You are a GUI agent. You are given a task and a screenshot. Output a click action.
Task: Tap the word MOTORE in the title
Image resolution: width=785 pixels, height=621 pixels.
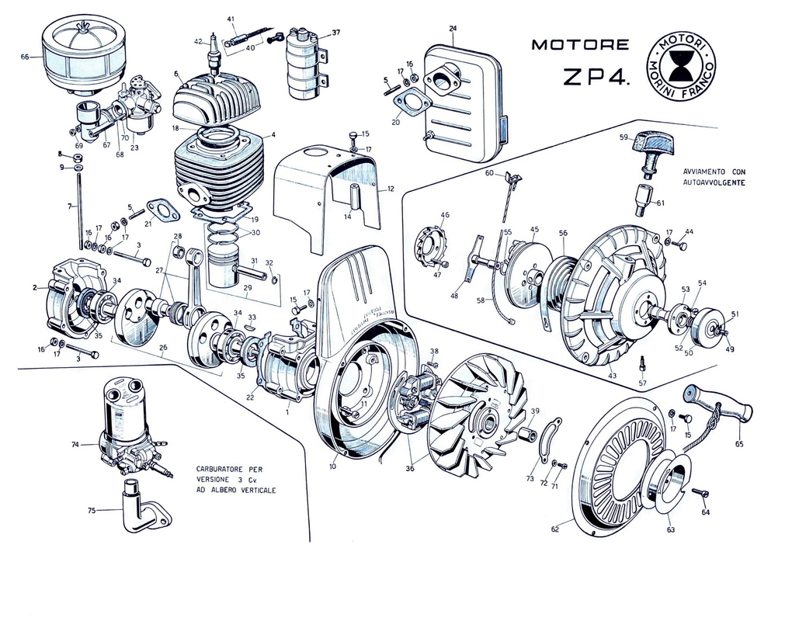[580, 45]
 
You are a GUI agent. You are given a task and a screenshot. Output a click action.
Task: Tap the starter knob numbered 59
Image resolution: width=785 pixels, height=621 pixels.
[652, 145]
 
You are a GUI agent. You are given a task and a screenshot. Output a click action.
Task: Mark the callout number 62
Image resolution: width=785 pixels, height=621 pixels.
[555, 529]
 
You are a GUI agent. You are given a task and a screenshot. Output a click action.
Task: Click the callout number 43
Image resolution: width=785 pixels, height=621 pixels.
[613, 376]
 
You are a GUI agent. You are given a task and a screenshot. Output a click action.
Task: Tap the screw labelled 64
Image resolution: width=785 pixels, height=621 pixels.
[700, 493]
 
